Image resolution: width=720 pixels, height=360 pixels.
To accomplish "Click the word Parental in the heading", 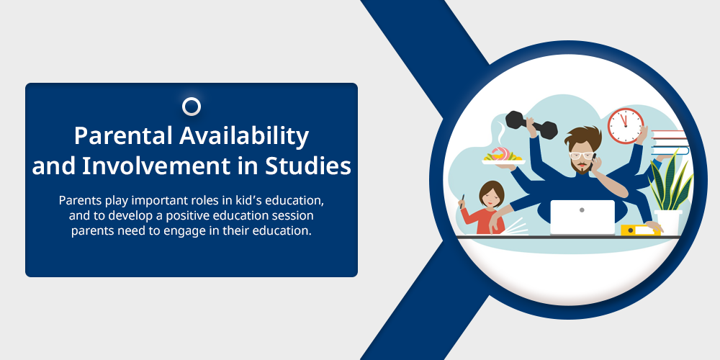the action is point(123,135).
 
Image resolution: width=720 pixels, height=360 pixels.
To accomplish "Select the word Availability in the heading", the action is point(244,136).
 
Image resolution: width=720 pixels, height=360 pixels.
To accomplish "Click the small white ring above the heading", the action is point(192,107).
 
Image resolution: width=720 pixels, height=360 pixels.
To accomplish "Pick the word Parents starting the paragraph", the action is point(77,201).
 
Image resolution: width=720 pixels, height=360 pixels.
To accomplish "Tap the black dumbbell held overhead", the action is point(531,125).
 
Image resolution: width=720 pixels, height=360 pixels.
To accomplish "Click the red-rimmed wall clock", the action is point(626,125).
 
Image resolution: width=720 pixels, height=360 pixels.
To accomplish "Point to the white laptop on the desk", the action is point(582,217).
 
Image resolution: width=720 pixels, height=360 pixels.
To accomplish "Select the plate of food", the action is point(503,157).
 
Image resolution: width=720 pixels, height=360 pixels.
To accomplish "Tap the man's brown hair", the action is point(583,138).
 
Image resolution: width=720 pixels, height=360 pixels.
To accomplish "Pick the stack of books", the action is point(670,143).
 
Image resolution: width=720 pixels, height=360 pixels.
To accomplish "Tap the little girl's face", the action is point(491,197).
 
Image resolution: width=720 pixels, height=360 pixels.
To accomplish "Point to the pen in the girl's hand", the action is point(462,202).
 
